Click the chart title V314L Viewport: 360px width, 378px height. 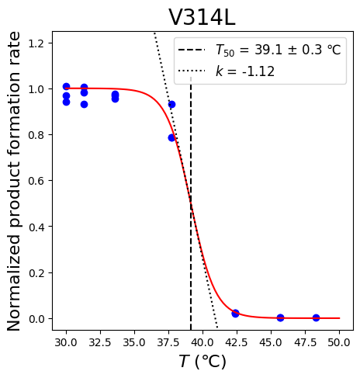(202, 17)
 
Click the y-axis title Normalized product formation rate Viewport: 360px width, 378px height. (13, 181)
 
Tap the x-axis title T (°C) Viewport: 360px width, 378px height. (202, 361)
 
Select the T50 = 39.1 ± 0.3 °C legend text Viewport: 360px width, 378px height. (279, 50)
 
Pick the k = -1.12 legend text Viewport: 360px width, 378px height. (245, 71)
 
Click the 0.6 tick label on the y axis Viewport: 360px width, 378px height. (36, 181)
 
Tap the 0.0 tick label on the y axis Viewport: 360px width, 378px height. (36, 319)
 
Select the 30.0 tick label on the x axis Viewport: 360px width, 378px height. (66, 342)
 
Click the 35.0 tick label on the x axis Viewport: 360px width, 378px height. (134, 342)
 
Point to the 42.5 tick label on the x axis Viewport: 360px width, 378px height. (237, 342)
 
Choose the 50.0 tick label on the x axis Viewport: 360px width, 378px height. (339, 342)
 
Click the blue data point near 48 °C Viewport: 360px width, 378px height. (316, 317)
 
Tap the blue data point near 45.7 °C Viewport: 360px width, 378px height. (280, 317)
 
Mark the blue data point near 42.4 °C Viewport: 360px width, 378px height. (235, 314)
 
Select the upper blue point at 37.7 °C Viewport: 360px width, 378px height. (171, 105)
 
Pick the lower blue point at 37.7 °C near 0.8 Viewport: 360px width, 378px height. (171, 138)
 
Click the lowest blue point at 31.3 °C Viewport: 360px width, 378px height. (84, 105)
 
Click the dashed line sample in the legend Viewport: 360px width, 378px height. (192, 50)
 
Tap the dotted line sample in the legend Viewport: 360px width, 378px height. (192, 71)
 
